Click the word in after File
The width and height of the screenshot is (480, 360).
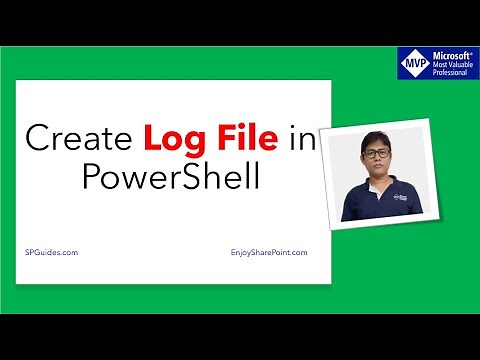tap(300, 137)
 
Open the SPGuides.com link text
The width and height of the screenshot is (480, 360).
tap(51, 253)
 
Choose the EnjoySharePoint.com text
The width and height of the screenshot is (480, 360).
tap(263, 253)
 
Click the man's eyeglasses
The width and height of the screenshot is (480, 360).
tap(375, 151)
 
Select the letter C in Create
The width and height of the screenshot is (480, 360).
tap(37, 137)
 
